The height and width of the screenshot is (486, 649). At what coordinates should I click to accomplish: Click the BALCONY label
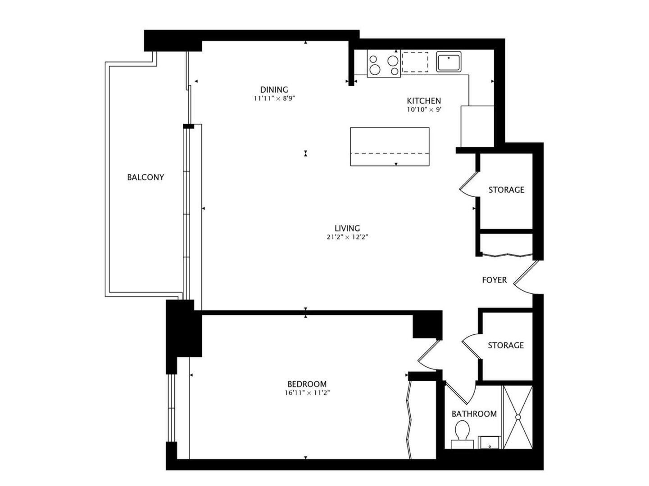coord(145,177)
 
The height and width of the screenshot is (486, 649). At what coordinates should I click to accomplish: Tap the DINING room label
coord(274,90)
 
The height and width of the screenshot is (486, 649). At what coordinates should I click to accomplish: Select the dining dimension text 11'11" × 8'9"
coord(274,98)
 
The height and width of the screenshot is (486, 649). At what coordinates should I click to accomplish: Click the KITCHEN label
coord(423,101)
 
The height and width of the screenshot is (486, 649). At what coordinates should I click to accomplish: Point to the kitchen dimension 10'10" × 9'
coord(423,109)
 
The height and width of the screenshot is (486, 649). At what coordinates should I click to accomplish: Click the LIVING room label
coord(347,229)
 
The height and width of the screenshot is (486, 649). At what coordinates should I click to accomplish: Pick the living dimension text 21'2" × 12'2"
coord(347,237)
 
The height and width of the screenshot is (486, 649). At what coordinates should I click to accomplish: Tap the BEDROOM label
coord(307,384)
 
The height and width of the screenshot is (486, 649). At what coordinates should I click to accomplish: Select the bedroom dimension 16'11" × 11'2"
coord(307,393)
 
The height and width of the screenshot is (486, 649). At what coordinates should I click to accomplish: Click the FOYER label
coord(494,280)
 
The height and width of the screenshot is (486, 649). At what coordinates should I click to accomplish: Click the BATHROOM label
coord(474,414)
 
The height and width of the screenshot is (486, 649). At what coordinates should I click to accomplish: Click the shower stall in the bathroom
coord(517,417)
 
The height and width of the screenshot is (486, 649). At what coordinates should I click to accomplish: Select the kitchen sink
coord(448,62)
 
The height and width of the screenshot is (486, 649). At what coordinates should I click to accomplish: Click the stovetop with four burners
coord(383,64)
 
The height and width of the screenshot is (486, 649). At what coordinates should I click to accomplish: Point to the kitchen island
coord(390,146)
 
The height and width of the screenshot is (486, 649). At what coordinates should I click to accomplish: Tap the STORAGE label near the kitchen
coord(506,190)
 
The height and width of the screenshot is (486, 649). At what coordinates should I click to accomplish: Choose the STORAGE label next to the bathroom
coord(506,345)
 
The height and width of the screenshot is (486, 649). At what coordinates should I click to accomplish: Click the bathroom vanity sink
coord(489,442)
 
